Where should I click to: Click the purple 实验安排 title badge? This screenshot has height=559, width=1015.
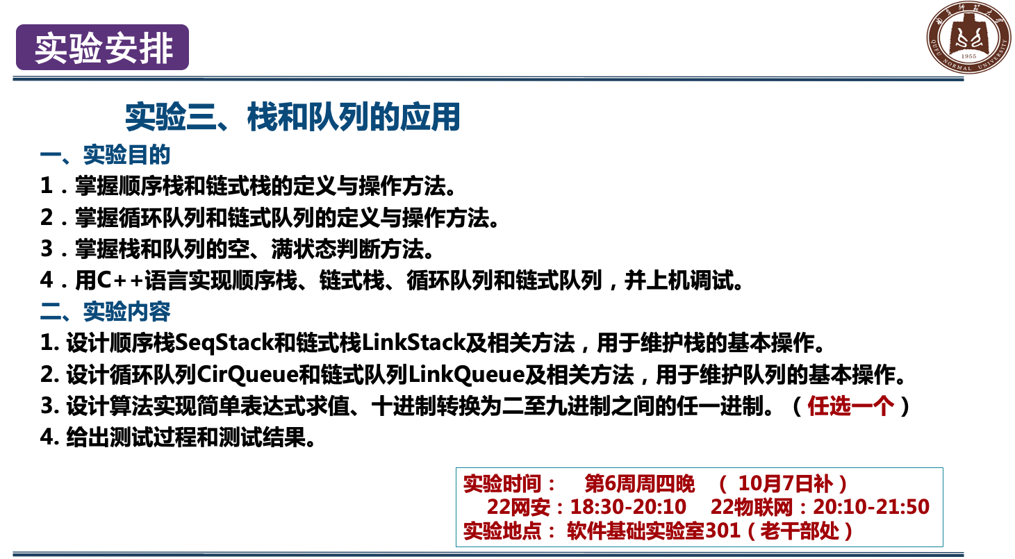tap(102, 47)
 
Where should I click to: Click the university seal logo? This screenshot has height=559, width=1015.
tap(968, 37)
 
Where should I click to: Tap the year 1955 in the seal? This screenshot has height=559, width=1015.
tap(968, 56)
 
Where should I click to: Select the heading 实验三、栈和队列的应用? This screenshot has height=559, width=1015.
tap(292, 117)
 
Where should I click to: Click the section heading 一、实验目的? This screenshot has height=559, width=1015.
tap(105, 155)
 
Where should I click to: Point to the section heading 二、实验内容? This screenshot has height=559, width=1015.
tap(105, 312)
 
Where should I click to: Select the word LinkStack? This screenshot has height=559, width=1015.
tap(413, 343)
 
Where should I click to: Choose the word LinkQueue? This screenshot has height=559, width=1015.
tap(467, 374)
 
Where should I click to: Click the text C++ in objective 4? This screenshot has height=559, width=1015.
tap(120, 280)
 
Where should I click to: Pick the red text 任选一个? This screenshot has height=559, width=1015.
tap(851, 406)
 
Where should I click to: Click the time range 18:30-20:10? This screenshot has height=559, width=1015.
tap(628, 507)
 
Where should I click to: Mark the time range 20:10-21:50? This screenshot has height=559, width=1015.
tap(871, 507)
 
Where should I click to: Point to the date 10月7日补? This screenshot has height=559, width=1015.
tap(785, 484)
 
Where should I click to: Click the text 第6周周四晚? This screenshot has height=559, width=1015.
tap(639, 484)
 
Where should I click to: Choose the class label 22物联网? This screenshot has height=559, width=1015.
tap(751, 507)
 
